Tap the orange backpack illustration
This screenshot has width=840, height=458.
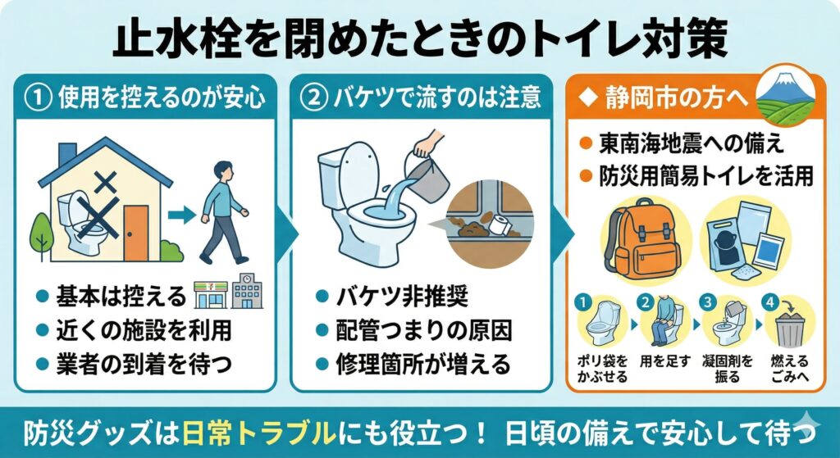641,238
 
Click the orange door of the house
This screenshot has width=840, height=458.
136,233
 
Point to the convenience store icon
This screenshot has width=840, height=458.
211,294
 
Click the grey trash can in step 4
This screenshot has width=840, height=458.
790,329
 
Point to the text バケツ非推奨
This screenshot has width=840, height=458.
402,296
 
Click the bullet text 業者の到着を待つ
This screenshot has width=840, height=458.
144,365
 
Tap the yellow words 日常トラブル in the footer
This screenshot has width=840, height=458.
259,433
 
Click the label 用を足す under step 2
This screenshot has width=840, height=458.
664,361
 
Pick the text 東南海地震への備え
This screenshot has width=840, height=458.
692,143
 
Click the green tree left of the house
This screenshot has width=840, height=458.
41,234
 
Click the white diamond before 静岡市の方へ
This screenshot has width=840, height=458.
589,99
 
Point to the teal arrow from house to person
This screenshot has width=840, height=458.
182,215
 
